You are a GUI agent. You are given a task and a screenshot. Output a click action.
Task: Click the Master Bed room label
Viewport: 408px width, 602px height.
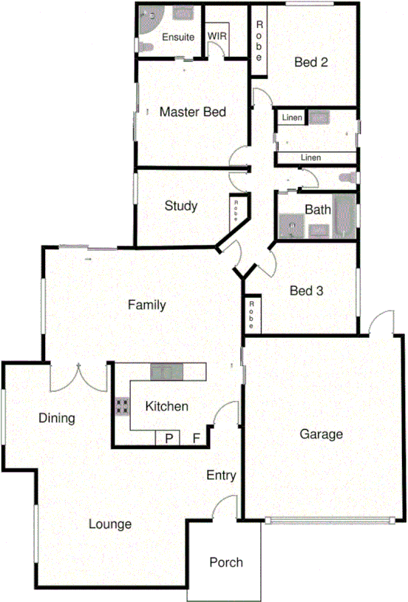[x=192, y=112]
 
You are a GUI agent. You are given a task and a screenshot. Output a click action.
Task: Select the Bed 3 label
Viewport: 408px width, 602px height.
[x=306, y=291]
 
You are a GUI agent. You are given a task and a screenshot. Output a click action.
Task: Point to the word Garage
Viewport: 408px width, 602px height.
[x=321, y=434]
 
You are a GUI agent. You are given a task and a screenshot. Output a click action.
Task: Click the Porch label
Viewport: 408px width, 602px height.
[x=226, y=562]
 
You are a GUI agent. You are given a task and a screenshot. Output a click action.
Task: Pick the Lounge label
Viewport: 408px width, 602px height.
[x=110, y=524]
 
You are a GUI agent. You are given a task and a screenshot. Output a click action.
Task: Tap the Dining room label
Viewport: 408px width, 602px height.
[x=57, y=419]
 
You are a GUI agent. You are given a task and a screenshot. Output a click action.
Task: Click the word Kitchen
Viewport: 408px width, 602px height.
[x=166, y=406]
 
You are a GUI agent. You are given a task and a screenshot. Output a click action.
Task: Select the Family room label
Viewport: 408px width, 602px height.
[x=146, y=305]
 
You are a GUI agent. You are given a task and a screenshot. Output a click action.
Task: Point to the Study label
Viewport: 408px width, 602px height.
[x=180, y=206]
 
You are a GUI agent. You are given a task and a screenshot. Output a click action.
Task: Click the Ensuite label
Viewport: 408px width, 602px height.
[x=178, y=36]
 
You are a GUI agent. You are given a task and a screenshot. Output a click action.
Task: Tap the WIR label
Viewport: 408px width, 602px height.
[x=217, y=35]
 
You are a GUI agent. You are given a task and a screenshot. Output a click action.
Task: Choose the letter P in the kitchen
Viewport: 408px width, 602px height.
[x=169, y=439]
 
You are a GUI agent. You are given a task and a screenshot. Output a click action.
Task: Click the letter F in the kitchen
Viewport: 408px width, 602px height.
[x=197, y=439]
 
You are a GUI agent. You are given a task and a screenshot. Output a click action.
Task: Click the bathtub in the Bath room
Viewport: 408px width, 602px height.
[x=344, y=217]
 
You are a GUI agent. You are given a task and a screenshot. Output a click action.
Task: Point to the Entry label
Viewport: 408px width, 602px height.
[x=221, y=476]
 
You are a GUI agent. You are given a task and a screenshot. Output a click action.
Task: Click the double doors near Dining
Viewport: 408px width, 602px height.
[x=78, y=379]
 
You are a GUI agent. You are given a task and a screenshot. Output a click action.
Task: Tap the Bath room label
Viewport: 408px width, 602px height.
[x=318, y=209]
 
